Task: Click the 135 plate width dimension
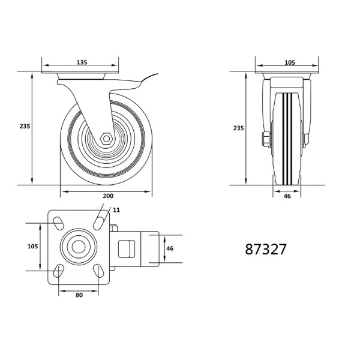[x=82, y=62]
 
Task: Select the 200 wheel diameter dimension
[x=108, y=196]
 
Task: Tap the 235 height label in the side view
[x=25, y=126]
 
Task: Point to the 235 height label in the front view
[x=238, y=128]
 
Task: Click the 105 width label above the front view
[x=290, y=62]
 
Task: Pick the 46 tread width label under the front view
[x=287, y=196]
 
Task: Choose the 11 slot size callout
[x=116, y=210]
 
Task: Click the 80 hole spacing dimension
[x=79, y=295]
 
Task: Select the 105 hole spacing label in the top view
[x=32, y=247]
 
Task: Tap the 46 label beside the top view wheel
[x=170, y=248]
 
